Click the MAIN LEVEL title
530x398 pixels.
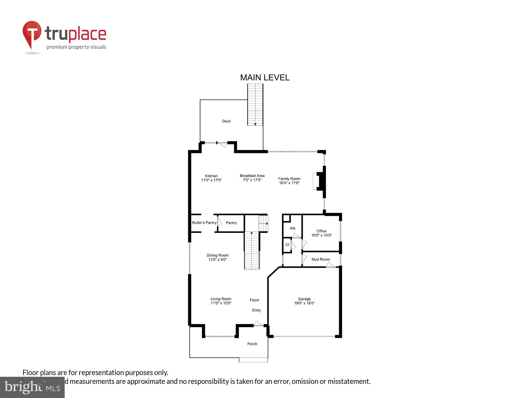(x=265, y=77)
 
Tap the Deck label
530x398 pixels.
(x=226, y=121)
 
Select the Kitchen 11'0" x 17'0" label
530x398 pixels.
(x=211, y=178)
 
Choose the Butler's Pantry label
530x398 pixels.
(x=204, y=223)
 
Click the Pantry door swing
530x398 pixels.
(x=219, y=222)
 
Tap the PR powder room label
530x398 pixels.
(x=293, y=229)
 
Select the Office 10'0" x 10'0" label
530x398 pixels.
(x=321, y=233)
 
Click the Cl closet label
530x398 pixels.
(x=287, y=245)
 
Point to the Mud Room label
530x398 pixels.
(x=321, y=259)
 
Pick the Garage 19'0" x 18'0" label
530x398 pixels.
(x=304, y=301)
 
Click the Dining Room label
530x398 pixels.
(x=218, y=257)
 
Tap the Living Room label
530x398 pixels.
(x=221, y=301)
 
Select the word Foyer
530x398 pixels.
(x=254, y=300)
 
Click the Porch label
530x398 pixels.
(x=252, y=344)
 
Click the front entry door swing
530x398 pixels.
(x=258, y=323)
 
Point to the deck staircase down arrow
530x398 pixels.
(x=255, y=124)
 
